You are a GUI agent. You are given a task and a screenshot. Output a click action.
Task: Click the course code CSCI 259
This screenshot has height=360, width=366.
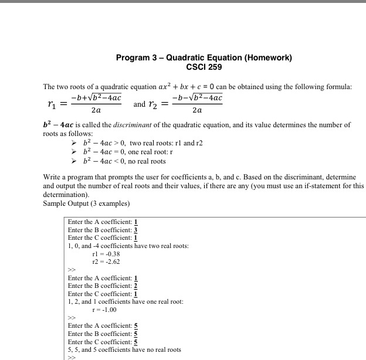tap(204, 67)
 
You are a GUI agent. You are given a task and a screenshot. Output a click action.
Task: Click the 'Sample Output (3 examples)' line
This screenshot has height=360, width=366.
tap(85, 203)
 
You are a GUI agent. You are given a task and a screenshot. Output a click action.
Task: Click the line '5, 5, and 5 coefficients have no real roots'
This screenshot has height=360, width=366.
tap(124, 349)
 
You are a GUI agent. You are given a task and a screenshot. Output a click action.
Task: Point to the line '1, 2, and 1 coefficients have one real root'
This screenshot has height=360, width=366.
tap(126, 301)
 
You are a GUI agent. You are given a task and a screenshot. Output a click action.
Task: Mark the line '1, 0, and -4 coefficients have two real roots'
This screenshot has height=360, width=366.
tap(128, 246)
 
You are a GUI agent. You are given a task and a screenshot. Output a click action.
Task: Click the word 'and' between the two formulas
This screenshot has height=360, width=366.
tap(140, 104)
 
